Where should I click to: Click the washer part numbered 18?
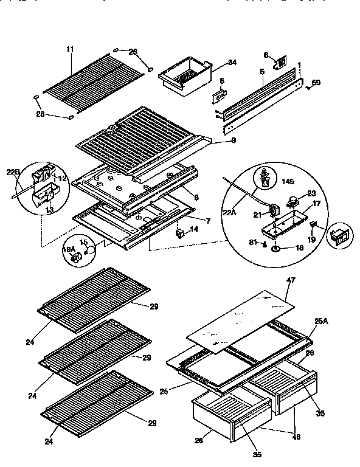pos(275,249)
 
